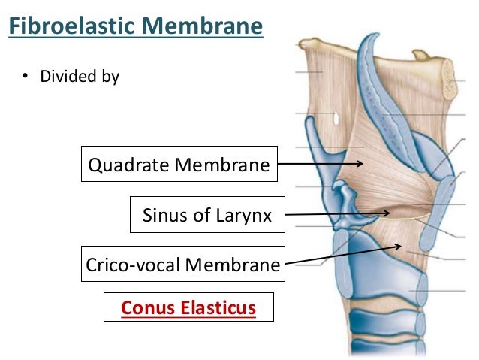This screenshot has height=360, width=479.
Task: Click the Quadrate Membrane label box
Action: click(x=179, y=165)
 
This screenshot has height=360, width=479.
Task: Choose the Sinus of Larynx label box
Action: click(x=206, y=217)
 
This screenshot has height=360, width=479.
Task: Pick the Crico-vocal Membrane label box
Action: click(x=182, y=265)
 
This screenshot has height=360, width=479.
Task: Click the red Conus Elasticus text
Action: click(x=188, y=307)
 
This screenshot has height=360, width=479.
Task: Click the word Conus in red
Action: click(x=146, y=307)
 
